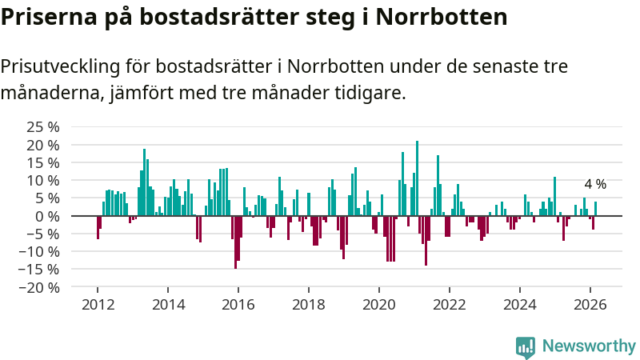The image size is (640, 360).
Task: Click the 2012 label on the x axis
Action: tap(98, 304)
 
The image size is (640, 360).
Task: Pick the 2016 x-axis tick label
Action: tap(238, 304)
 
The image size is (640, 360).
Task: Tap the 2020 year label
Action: tap(378, 304)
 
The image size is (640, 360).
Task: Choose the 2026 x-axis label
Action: tap(590, 304)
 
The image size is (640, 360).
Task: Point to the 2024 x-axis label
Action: tap(519, 304)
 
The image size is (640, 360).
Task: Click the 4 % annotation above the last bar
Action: tap(595, 185)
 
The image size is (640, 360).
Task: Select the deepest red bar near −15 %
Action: tap(235, 242)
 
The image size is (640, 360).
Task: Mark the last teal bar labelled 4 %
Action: tap(595, 209)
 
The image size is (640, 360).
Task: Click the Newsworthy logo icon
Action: tap(526, 346)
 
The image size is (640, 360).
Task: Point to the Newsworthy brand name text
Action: tap(589, 346)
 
